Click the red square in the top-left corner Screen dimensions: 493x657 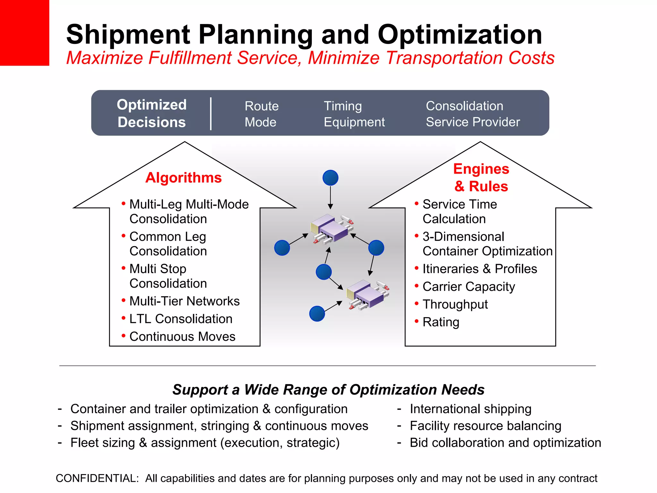tap(24, 32)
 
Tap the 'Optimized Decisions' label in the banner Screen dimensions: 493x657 tap(151, 113)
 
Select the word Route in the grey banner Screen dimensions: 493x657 tap(261, 106)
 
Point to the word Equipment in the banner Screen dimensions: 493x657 tap(354, 122)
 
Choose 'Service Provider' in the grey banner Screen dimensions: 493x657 tap(473, 122)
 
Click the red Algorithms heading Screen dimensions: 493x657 tap(183, 177)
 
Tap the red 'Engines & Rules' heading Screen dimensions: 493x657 tap(481, 177)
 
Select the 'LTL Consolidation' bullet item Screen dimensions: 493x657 tap(181, 319)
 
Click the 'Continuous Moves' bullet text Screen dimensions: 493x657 tap(182, 336)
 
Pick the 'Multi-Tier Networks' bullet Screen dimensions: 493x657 tap(184, 301)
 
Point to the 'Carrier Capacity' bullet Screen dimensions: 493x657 tap(469, 287)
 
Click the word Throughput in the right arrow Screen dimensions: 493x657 tap(455, 304)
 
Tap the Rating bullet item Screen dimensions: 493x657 tap(441, 322)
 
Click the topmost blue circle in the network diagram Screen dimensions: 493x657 tap(330, 177)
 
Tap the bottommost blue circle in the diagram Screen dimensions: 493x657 tap(317, 314)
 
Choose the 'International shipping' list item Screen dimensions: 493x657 tap(471, 409)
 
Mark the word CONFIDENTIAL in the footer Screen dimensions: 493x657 tap(97, 478)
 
